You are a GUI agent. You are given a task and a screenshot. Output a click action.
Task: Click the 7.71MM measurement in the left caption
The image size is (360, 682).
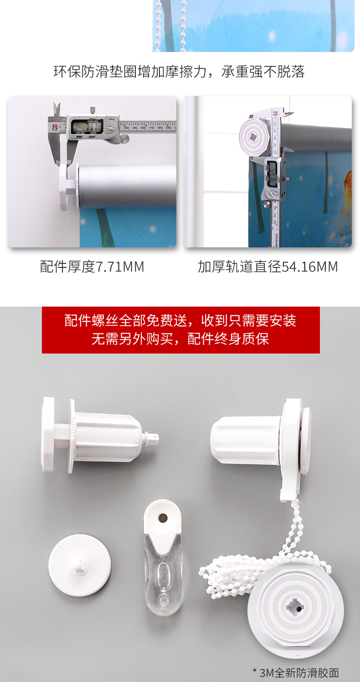tap(120, 267)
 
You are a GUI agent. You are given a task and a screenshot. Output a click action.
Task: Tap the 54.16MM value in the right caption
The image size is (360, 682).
tap(310, 267)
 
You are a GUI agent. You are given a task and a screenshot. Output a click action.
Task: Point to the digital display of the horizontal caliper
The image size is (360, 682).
tap(87, 126)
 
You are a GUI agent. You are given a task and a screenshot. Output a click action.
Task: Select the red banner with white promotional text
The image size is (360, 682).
tap(180, 330)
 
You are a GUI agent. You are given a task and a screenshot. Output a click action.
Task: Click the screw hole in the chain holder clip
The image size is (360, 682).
tap(163, 518)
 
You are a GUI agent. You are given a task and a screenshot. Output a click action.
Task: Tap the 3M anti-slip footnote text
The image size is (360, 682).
tap(296, 673)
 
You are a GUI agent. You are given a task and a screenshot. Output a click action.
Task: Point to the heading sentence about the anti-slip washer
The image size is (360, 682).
tap(179, 72)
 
